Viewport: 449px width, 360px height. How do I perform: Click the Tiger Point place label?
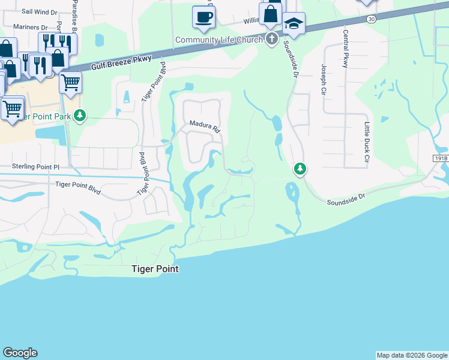pos(155,269)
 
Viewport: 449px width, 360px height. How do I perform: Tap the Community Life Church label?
pos(219,40)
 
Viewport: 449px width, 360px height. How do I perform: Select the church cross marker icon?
pos(271,40)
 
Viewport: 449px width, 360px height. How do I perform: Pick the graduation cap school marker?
pos(294,24)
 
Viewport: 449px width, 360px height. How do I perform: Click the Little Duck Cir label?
pos(367,142)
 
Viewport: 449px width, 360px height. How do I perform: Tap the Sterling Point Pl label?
pos(37,166)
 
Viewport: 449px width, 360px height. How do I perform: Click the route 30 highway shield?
pos(372,19)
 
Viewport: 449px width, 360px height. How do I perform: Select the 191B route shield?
pos(441,157)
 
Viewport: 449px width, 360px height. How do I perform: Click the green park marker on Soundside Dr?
pos(300,170)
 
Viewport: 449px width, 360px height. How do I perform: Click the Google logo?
pos(20,353)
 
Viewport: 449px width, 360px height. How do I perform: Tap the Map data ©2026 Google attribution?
pos(412,355)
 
